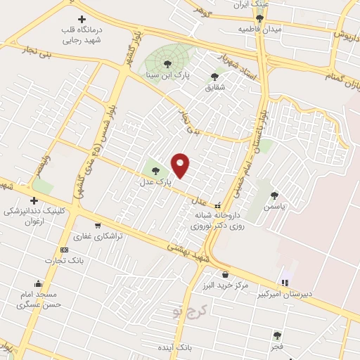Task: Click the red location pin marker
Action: coord(181,165)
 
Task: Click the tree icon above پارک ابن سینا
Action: coord(167,64)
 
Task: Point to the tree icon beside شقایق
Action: coord(214,77)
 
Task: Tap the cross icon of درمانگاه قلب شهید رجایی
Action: coord(82,19)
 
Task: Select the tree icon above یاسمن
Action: coord(274,195)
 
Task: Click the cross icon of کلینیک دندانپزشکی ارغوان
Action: coord(33,201)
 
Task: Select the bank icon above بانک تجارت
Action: coord(65,250)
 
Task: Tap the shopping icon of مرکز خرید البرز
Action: coord(225,274)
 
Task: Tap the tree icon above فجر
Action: coord(277,335)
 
